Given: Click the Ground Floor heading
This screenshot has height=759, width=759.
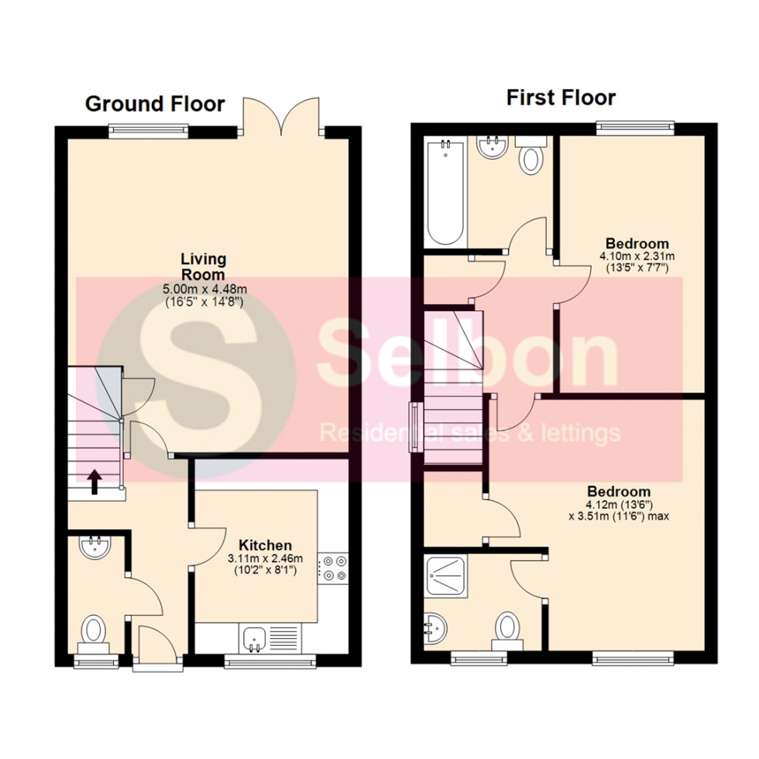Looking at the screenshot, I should [x=155, y=104].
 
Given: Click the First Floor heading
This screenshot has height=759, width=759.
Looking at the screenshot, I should [x=561, y=98].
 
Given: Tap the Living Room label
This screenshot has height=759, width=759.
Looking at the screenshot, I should [x=203, y=266].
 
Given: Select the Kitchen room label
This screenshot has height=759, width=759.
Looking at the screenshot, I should [x=265, y=545].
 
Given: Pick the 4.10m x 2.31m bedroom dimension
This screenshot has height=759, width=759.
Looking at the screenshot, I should [x=637, y=256].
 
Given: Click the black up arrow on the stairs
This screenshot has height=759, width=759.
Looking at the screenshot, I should [x=94, y=482].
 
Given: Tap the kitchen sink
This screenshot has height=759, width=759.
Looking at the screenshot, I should [x=255, y=638].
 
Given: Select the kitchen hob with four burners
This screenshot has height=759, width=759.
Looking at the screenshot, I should [x=335, y=568].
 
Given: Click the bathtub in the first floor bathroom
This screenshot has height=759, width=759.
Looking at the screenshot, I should [x=445, y=190].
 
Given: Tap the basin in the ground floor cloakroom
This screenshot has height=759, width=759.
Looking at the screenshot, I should [x=95, y=546].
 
